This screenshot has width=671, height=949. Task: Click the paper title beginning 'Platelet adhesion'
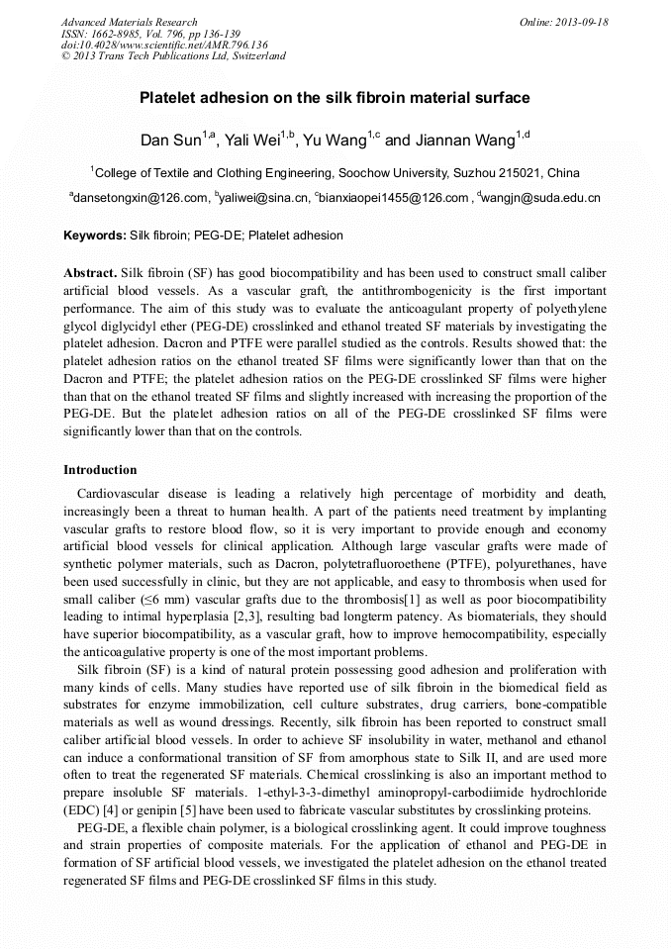click(x=335, y=98)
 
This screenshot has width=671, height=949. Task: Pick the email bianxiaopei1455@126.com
click(x=394, y=198)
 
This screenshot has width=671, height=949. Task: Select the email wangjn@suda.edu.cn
click(x=541, y=198)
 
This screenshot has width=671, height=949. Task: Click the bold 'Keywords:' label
click(x=94, y=236)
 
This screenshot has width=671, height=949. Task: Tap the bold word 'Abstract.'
click(x=90, y=272)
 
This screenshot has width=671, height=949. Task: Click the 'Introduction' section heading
click(x=100, y=469)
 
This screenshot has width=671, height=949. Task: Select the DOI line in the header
click(x=164, y=45)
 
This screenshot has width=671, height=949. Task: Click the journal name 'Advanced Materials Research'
click(x=129, y=22)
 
